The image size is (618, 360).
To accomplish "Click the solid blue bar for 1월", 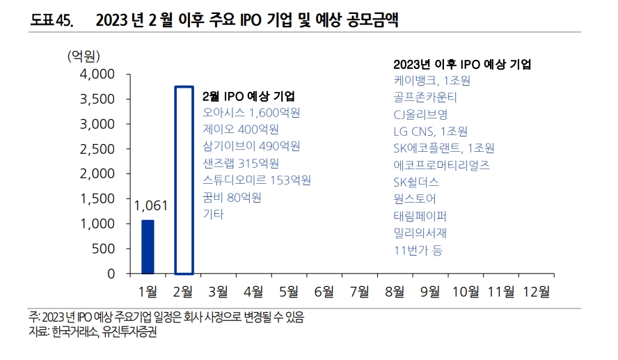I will click(148, 246).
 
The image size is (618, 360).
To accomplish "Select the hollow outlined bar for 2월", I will click(184, 180).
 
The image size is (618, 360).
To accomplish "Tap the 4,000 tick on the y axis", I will click(97, 75).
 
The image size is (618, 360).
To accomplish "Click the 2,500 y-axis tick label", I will click(97, 149).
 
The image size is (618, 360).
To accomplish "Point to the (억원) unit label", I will click(84, 56).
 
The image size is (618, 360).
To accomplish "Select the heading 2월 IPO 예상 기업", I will click(248, 96).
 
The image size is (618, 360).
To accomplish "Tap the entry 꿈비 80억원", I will click(232, 197).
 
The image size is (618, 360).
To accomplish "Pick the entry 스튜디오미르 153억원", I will click(256, 180).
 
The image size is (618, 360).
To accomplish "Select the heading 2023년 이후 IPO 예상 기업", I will click(462, 64).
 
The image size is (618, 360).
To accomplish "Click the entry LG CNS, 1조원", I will click(430, 131).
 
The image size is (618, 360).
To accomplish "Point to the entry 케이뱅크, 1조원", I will click(431, 80).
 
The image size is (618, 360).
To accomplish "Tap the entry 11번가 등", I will click(418, 249).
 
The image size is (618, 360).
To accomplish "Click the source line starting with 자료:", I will click(93, 333).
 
